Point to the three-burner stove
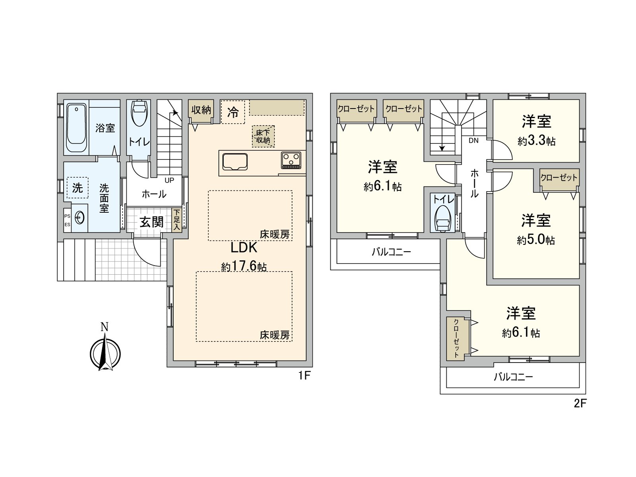coord(291,160)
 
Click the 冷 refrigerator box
coord(233,112)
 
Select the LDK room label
coord(244,248)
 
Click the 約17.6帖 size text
coord(244,266)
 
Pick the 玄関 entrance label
coord(151,222)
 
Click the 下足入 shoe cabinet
coord(177,220)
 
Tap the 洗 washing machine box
coord(77,188)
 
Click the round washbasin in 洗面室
coord(79,217)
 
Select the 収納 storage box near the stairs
coord(201,109)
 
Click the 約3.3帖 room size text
coord(536,141)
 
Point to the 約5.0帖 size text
coord(536,240)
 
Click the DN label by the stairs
coord(473,140)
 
